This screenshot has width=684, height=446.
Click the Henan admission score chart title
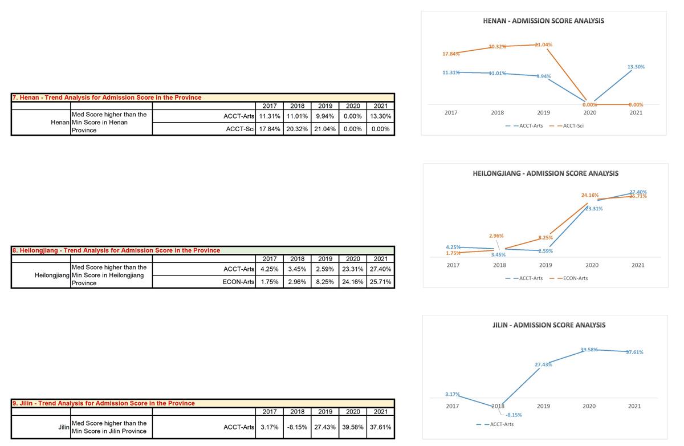click(x=543, y=21)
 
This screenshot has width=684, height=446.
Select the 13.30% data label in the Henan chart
click(x=636, y=67)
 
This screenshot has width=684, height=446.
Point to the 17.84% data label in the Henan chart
click(x=451, y=54)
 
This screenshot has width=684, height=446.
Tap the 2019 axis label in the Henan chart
click(x=543, y=113)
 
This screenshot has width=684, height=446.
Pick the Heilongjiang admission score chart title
click(x=545, y=173)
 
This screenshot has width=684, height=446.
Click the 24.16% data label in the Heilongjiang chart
click(x=590, y=195)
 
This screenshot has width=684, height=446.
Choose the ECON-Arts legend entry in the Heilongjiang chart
click(x=575, y=278)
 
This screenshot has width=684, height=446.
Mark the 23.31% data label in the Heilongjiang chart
click(x=594, y=209)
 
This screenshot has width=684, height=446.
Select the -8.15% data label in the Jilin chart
click(x=514, y=415)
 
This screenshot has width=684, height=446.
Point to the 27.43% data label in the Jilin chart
click(x=543, y=364)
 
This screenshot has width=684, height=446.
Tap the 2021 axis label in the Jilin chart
click(x=634, y=406)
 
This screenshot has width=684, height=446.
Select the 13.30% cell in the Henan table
click(x=381, y=117)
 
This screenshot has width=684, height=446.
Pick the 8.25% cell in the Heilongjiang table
click(x=325, y=282)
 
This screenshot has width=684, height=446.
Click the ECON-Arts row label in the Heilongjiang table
click(x=238, y=282)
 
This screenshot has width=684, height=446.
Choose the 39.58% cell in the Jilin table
click(x=353, y=427)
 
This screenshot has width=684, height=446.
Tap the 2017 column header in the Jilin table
click(x=269, y=412)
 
